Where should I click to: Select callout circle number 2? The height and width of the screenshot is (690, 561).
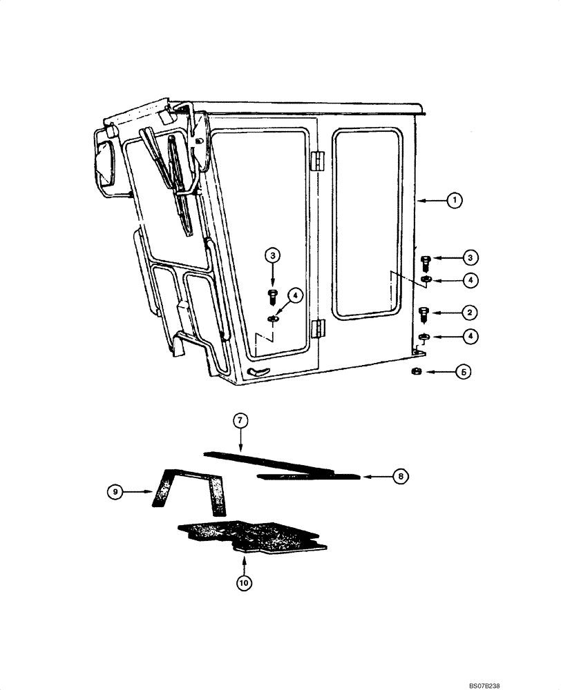[469, 313]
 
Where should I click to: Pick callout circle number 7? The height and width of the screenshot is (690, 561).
[240, 420]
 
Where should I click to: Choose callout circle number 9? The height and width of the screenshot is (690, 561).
[116, 491]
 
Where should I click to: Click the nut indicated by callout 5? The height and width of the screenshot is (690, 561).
[417, 372]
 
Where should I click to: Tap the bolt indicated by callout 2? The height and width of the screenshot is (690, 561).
[425, 313]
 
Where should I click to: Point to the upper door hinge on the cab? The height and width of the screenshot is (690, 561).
[317, 160]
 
